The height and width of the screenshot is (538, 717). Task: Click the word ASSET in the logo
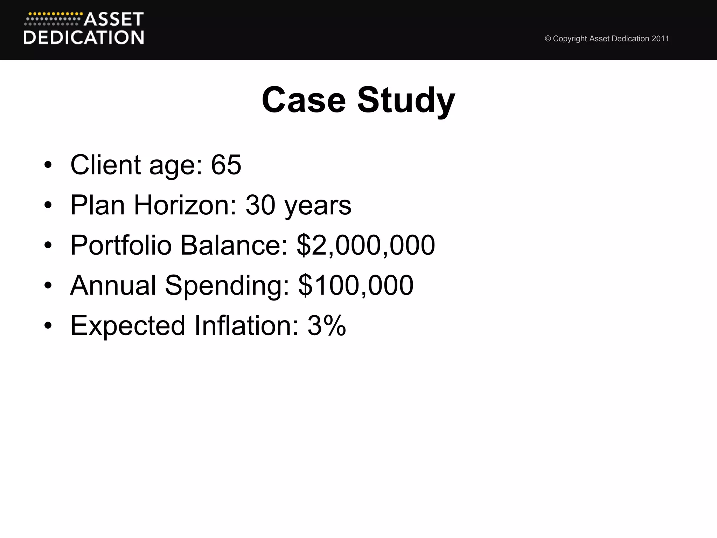pos(113,20)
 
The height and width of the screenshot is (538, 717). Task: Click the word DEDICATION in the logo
pos(84,37)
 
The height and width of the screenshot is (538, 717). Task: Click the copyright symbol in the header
pos(548,39)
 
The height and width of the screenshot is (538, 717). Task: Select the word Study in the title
pos(406,101)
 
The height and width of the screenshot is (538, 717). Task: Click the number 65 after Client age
pos(226,165)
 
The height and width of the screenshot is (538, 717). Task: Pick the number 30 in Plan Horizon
pos(260,205)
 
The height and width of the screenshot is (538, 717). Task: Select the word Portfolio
pos(121,245)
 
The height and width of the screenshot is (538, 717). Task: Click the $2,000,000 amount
pos(366,245)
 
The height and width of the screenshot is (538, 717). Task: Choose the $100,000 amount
pos(356,285)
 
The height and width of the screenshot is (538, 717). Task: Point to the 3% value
pos(327,326)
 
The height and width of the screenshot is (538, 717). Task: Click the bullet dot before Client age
pos(48,165)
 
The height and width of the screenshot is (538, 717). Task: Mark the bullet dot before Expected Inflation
pos(48,326)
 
